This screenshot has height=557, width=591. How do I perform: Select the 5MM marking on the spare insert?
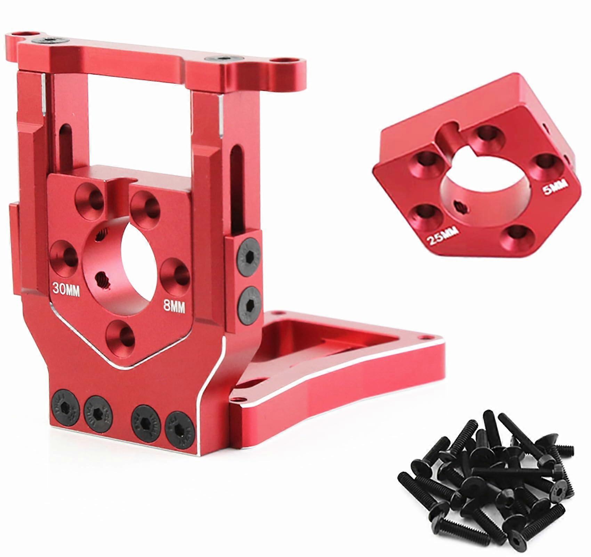coord(553,188)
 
